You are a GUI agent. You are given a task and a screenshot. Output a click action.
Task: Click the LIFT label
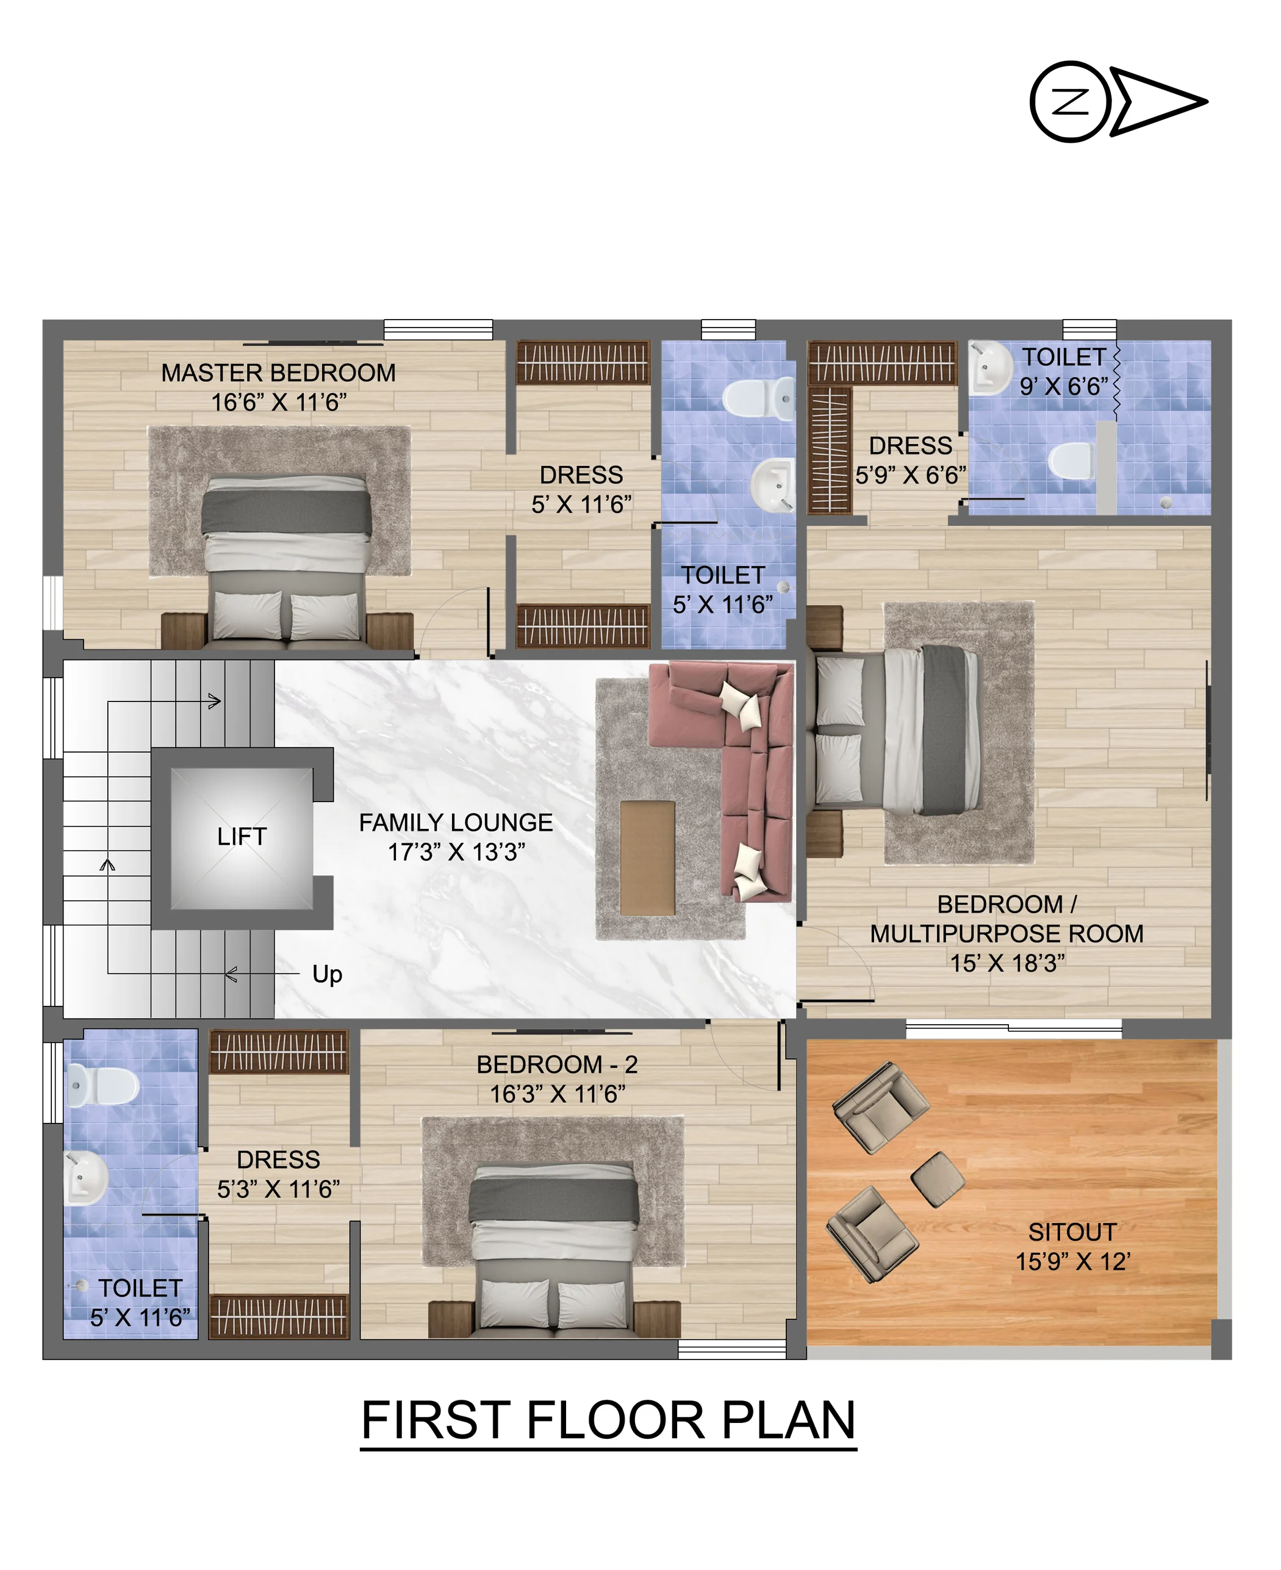pos(242,837)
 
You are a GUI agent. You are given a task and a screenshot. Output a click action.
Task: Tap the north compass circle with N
pos(1070,102)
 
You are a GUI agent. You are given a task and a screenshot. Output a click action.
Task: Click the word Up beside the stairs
pos(327,975)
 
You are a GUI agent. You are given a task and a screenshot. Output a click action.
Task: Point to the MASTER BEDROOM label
pos(278,373)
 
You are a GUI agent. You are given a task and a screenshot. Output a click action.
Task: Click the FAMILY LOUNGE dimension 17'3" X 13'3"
pos(456,852)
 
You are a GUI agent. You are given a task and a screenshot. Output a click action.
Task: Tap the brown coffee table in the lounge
pos(647,858)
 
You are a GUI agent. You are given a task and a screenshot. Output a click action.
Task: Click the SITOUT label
pos(1072,1232)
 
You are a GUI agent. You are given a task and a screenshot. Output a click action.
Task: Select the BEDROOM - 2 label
pos(556,1064)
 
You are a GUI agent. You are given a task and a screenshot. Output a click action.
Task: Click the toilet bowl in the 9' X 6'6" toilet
pos(1071,461)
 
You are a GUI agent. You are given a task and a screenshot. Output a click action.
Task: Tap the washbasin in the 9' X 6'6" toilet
pos(989,367)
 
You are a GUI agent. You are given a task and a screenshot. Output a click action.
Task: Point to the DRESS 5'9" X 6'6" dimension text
pos(911,475)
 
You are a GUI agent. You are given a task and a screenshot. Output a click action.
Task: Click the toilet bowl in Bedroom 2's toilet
pos(102,1086)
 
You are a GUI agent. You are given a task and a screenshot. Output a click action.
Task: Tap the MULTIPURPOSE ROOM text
pos(1006,934)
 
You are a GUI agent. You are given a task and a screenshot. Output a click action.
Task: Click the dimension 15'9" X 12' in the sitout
pos(1072,1261)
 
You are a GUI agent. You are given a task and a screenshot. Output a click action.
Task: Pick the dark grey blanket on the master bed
pos(286,512)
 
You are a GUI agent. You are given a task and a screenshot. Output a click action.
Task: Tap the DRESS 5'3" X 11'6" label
pos(278,1175)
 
